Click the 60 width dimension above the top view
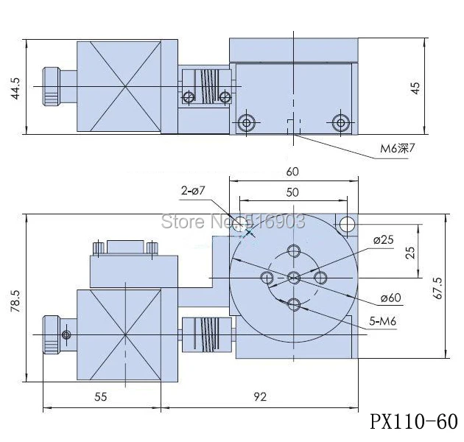[293, 172]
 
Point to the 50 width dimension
[293, 192]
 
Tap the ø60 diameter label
[390, 298]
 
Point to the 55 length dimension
[101, 396]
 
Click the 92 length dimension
[259, 396]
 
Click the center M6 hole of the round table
[294, 277]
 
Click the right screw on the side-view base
[340, 122]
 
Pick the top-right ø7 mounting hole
[345, 223]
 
